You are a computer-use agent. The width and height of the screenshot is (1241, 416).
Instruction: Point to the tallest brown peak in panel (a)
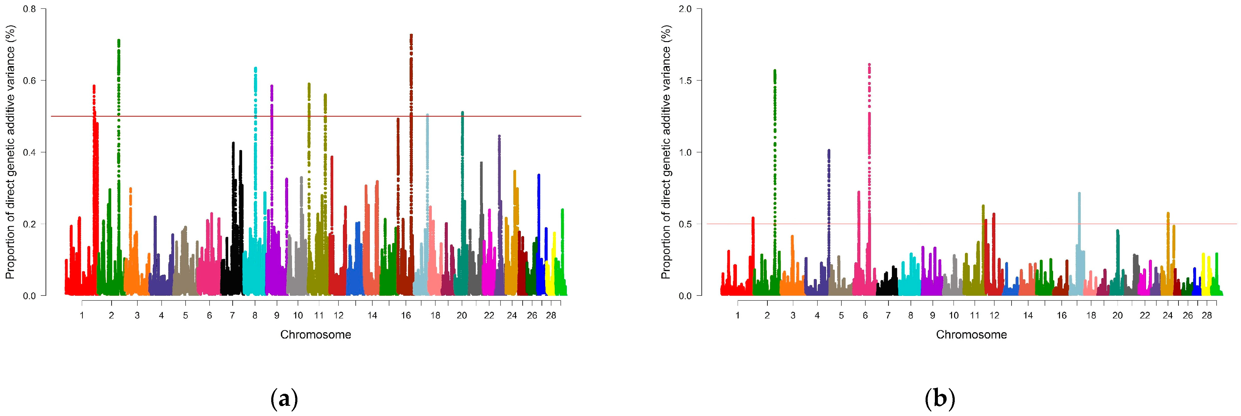click(x=411, y=35)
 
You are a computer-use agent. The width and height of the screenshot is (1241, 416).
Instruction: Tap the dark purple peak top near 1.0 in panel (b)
click(x=829, y=150)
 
